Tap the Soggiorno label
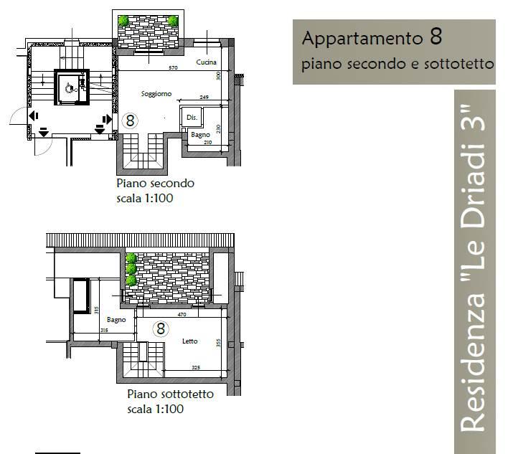click(156, 94)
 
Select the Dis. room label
click(192, 117)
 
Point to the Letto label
click(189, 341)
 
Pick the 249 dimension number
click(204, 98)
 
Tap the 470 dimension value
click(182, 313)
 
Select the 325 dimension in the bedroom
click(195, 368)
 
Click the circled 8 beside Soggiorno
click(131, 120)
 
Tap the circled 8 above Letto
click(161, 328)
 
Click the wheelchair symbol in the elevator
click(70, 88)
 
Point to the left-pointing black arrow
click(33, 115)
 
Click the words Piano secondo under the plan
click(155, 183)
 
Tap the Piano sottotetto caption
click(170, 394)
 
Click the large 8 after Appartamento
click(435, 37)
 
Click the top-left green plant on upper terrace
click(125, 21)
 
